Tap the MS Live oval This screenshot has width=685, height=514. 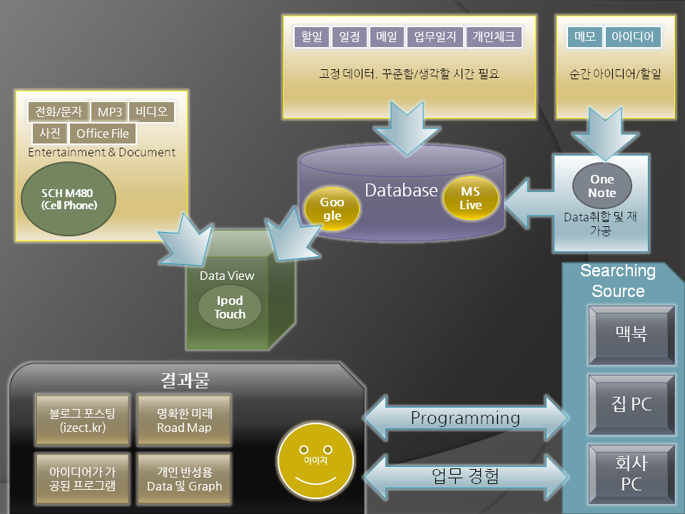[470, 198]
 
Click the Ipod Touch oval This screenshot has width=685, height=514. [230, 307]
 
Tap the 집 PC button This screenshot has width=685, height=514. [631, 404]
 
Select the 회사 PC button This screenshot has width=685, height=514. [631, 475]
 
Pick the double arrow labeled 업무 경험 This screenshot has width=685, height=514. [465, 474]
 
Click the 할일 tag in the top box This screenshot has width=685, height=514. [312, 37]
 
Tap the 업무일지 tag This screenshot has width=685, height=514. [435, 37]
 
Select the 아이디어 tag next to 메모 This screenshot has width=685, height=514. [633, 37]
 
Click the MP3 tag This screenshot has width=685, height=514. [110, 112]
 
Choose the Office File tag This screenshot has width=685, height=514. [103, 133]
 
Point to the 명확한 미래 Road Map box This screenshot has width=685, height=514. [184, 420]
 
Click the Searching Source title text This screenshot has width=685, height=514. [617, 281]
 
